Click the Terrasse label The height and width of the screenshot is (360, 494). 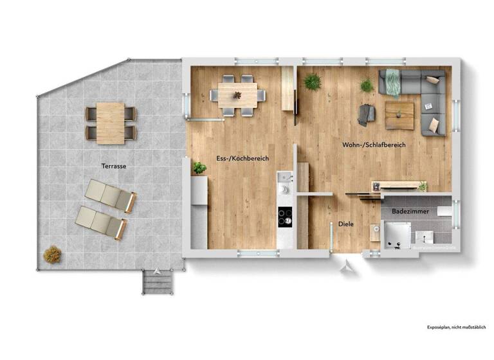113,166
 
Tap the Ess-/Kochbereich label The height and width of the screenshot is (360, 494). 242,158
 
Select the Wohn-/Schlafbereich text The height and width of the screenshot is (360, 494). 374,145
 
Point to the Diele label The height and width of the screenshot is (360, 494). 346,224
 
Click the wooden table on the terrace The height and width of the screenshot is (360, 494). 111,123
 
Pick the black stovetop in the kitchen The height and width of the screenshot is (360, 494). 284,217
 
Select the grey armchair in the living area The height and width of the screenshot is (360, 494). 367,114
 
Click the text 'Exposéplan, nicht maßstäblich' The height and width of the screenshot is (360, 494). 455,327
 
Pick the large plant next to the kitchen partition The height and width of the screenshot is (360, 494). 313,82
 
